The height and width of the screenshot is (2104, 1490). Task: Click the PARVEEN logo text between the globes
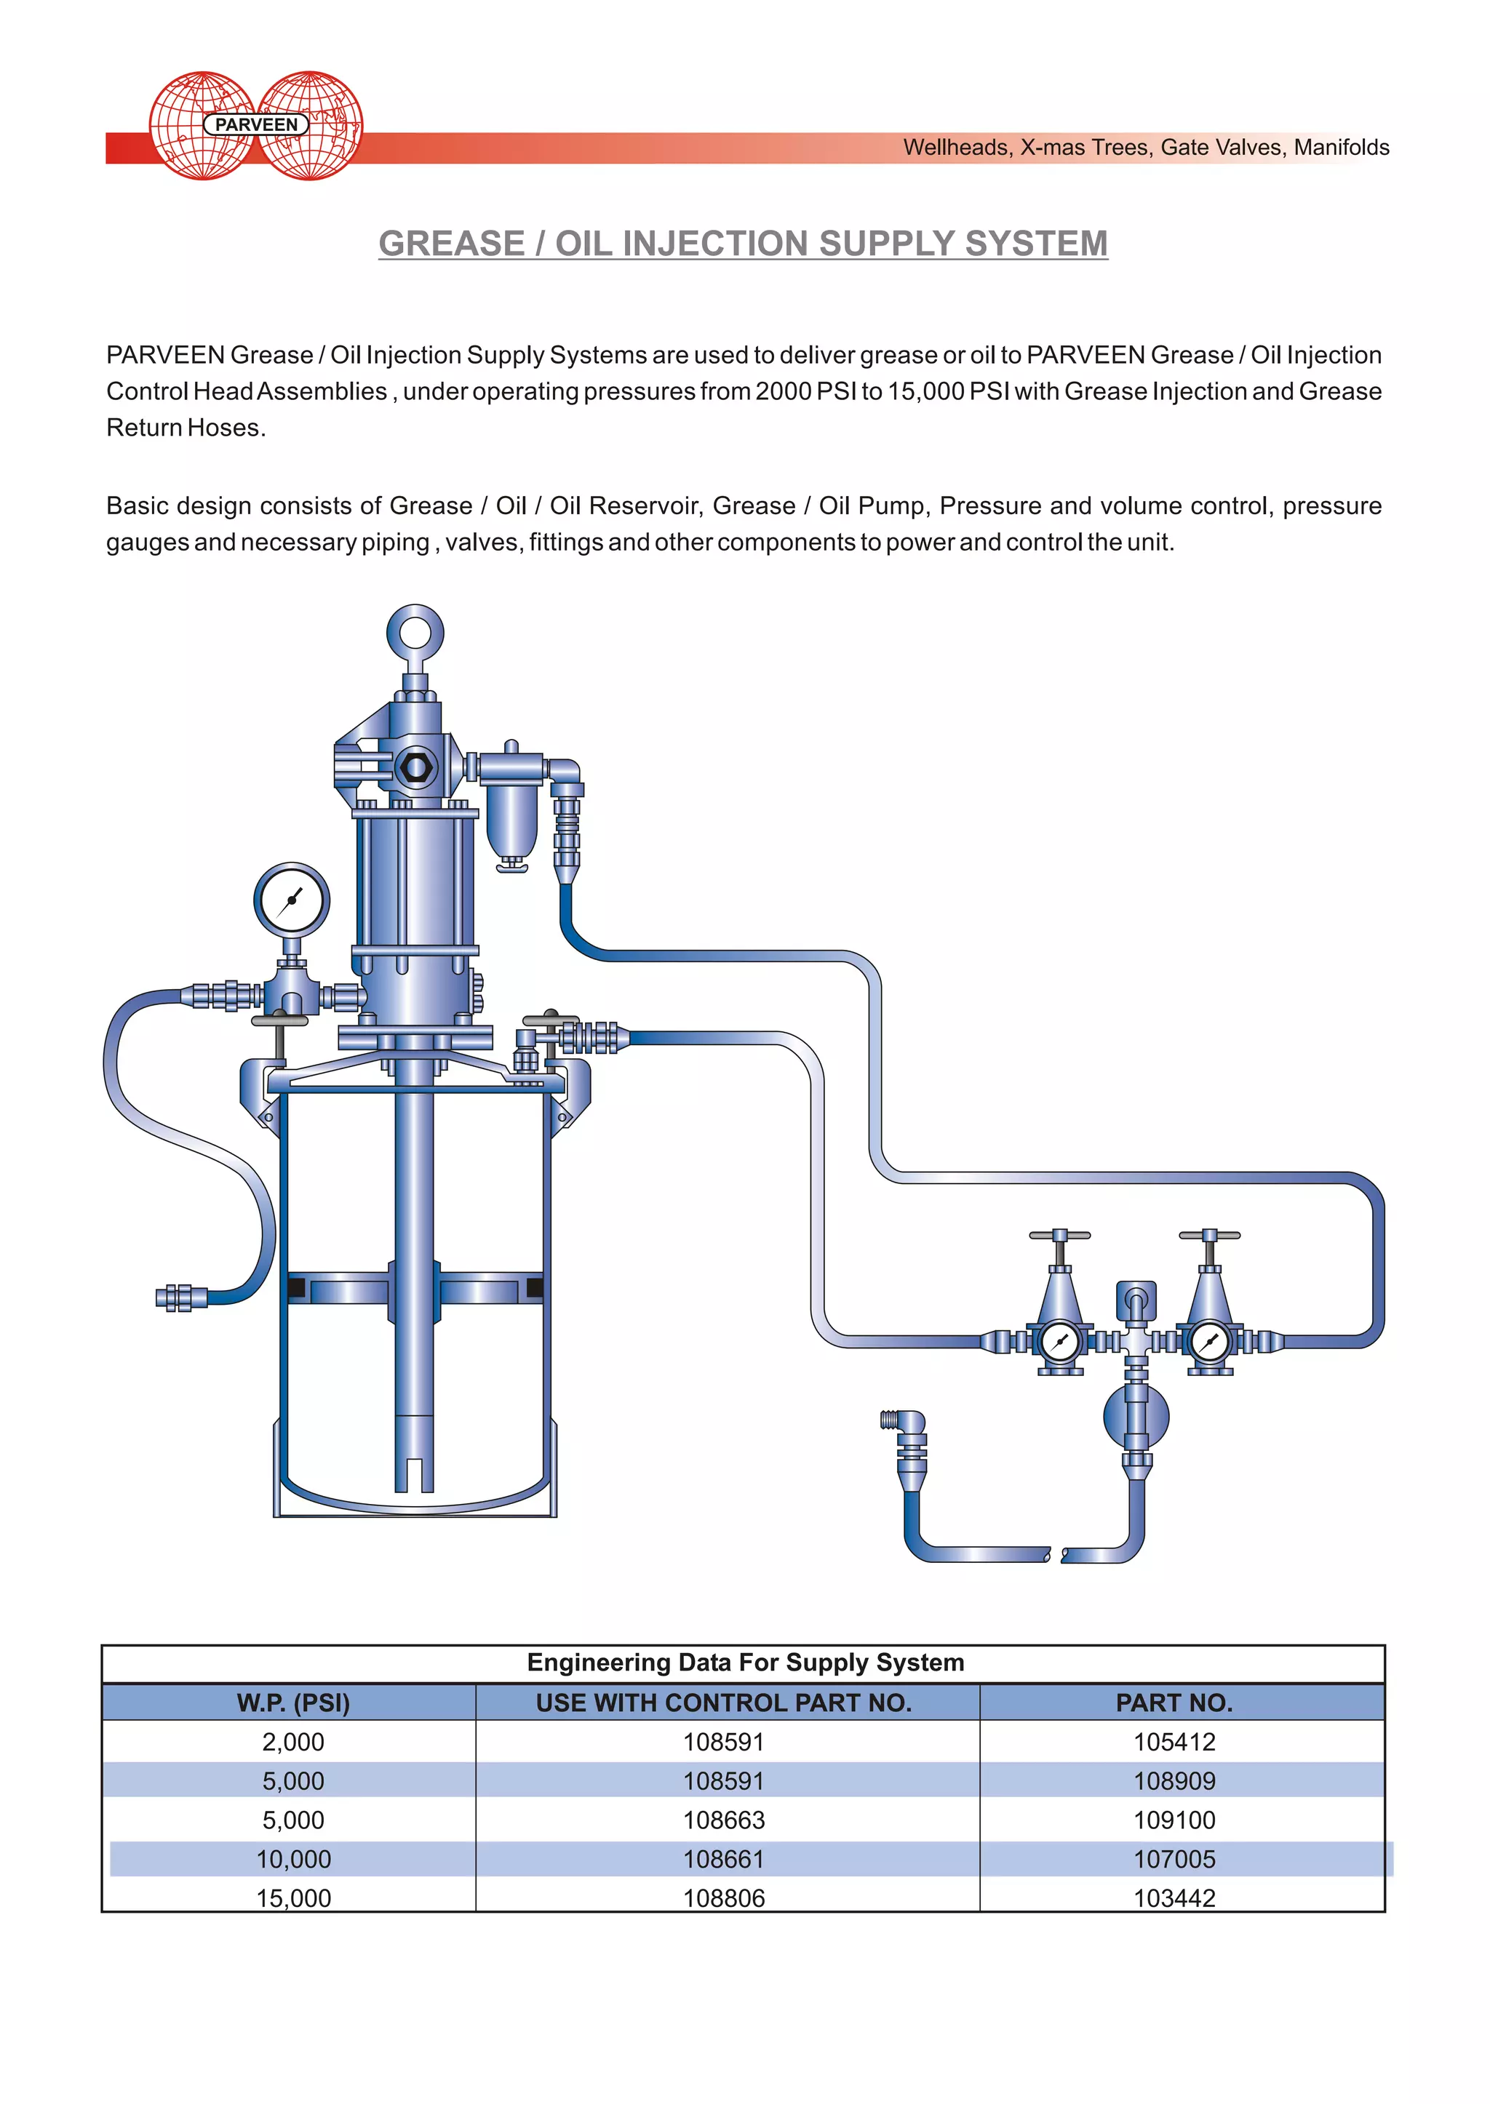[256, 125]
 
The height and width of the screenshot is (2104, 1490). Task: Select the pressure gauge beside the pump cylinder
[291, 900]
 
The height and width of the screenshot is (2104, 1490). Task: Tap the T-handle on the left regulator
[1060, 1236]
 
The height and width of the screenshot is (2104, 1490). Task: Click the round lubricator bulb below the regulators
[1136, 1416]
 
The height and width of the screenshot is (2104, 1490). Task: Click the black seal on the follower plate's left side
[296, 1288]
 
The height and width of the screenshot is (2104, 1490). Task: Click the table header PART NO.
[1174, 1703]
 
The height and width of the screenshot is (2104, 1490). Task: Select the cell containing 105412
[1174, 1742]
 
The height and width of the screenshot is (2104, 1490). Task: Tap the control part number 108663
[723, 1820]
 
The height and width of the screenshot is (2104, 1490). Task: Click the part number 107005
[1174, 1859]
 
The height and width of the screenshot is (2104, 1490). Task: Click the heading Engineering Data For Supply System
[744, 1663]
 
